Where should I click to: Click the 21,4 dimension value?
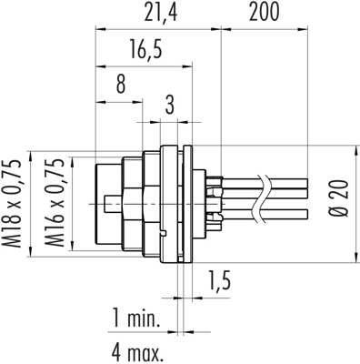coord(160,13)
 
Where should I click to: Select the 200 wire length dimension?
coord(264,13)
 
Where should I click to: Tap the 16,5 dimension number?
coord(146,49)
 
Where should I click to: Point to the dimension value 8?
coord(121,84)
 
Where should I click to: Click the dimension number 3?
coord(170,105)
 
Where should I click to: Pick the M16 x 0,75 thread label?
coord(55,204)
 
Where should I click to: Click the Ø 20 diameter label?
coord(339,198)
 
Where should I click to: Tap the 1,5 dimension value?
coord(219,280)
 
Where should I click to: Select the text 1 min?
coord(136,318)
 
